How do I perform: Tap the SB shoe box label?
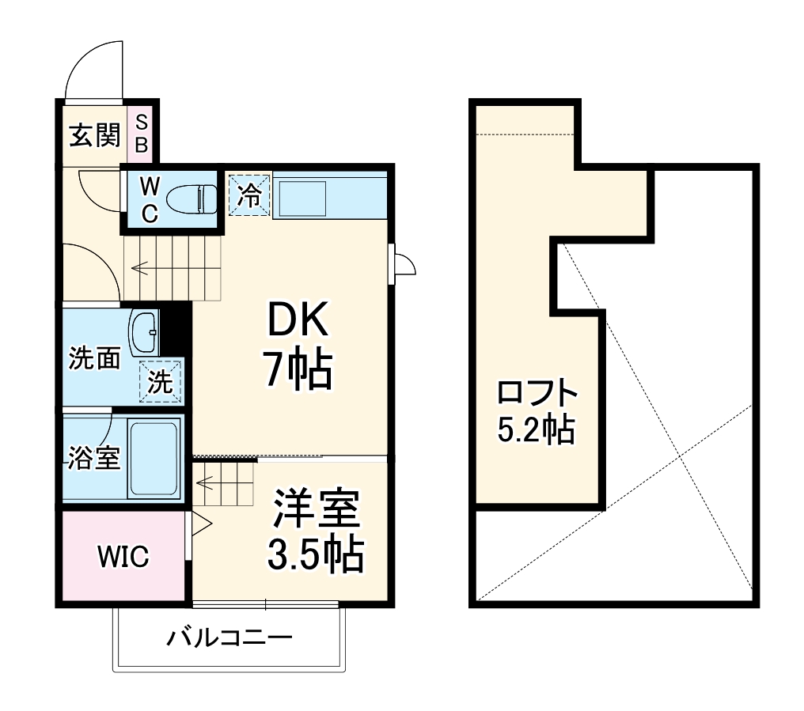[142, 134]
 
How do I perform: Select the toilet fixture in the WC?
[194, 198]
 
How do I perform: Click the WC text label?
[150, 199]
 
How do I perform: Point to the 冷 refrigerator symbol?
[249, 195]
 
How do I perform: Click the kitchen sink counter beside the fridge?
[301, 199]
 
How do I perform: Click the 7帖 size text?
[297, 369]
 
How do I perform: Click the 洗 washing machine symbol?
[161, 383]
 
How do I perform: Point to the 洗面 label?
[94, 358]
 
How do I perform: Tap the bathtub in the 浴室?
[155, 458]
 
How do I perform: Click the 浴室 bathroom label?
[93, 458]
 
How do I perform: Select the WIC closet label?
[123, 557]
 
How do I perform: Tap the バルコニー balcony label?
[229, 637]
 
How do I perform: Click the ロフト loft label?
[537, 392]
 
